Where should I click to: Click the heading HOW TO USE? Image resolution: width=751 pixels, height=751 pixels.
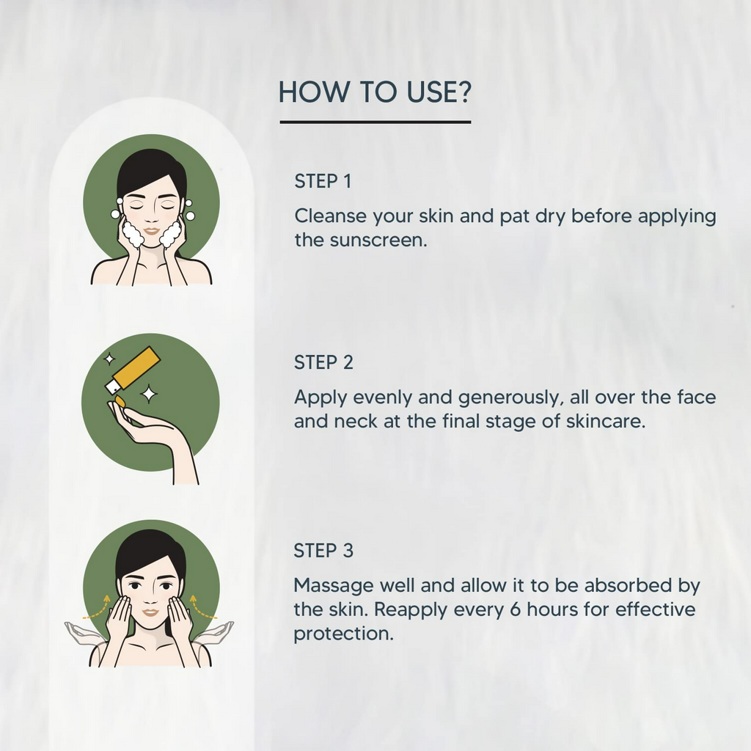point(375,92)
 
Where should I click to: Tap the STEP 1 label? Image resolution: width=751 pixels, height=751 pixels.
point(323,182)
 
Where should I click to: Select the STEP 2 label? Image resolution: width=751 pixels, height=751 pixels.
point(323,362)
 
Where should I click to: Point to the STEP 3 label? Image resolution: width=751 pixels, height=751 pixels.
point(323,551)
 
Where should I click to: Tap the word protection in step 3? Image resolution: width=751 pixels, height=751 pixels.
point(343,634)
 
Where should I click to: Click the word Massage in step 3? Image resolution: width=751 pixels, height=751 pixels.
point(334,586)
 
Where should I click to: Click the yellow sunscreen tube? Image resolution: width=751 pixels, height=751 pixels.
point(136,368)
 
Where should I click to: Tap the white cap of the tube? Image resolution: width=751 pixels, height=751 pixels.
point(113,387)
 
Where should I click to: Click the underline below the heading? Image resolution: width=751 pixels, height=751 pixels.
point(375,122)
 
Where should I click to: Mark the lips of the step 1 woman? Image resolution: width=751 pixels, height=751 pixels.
point(151,231)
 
